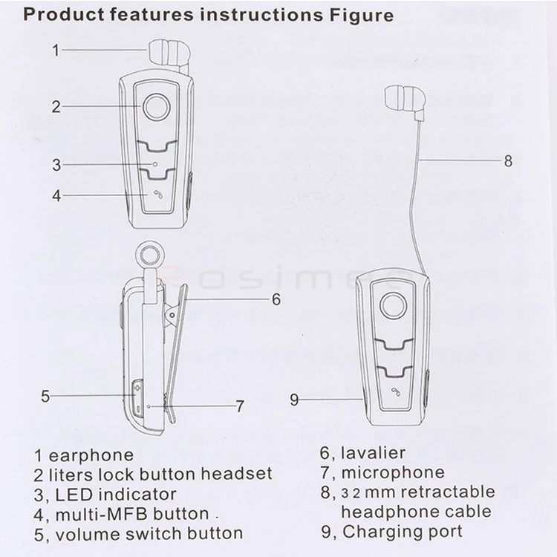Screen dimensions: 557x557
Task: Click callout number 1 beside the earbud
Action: pos(56,51)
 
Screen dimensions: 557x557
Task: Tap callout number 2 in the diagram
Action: pos(56,106)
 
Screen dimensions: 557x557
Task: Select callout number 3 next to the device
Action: pos(56,164)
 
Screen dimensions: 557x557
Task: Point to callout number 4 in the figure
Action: pos(56,196)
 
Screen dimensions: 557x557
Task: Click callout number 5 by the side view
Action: pos(45,396)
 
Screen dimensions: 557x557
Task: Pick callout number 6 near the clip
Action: pos(275,299)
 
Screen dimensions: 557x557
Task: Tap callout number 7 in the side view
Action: pos(240,406)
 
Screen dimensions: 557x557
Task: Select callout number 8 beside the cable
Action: pos(508,160)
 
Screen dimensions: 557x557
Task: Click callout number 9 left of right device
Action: pos(295,400)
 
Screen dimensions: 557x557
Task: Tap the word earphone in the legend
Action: pos(89,455)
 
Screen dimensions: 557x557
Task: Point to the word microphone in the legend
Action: pos(393,472)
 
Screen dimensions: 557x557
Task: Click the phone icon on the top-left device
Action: pos(157,195)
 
